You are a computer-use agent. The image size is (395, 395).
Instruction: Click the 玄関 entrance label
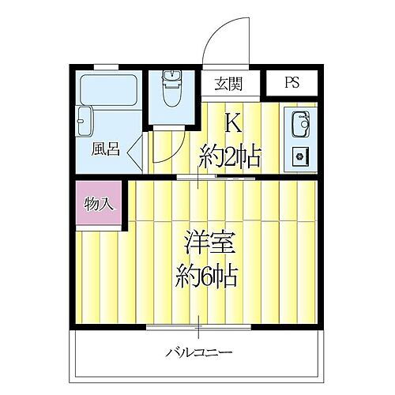(228, 83)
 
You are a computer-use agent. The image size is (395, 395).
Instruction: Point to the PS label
(292, 83)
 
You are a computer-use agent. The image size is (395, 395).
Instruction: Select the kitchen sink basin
(300, 125)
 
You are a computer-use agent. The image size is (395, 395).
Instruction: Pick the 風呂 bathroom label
(105, 149)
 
